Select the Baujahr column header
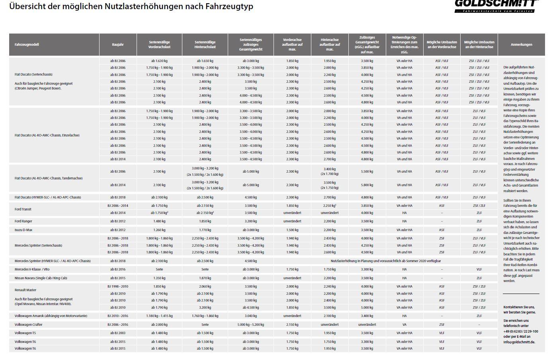[x=118, y=45]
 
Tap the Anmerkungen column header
[x=521, y=45]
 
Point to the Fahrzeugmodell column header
[x=27, y=45]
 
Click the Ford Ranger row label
[x=23, y=221]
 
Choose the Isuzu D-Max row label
[x=23, y=230]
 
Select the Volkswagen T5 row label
[x=25, y=333]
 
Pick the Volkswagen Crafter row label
[x=28, y=325]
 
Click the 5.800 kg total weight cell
[x=367, y=185]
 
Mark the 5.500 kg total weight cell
[x=367, y=171]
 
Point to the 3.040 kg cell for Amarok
[x=250, y=316]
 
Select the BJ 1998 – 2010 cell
[x=118, y=286]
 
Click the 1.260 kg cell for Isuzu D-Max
[x=159, y=230]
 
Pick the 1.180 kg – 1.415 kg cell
[x=159, y=316]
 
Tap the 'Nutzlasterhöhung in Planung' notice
[x=385, y=261]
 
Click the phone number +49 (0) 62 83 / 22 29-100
[x=520, y=331]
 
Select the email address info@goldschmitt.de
[x=519, y=342]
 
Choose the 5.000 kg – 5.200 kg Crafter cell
[x=250, y=325]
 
